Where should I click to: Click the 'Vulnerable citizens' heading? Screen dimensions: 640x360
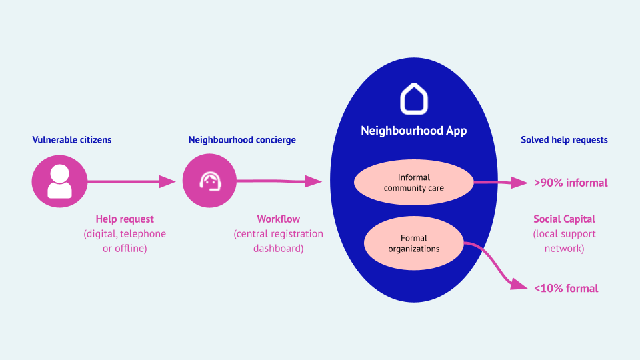click(72, 139)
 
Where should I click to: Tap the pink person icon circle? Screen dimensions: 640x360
click(59, 181)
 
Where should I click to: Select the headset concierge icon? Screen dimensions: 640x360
click(209, 181)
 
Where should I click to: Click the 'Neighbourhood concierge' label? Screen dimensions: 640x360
click(242, 140)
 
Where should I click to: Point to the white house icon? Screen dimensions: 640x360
click(414, 99)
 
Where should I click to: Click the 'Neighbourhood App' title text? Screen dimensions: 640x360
click(414, 131)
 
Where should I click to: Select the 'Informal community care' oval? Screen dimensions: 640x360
click(414, 183)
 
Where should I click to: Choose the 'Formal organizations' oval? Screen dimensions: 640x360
click(414, 243)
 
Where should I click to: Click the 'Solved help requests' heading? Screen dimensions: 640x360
click(564, 140)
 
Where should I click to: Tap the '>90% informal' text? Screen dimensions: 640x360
click(571, 183)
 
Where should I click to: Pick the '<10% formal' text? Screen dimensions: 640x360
click(566, 289)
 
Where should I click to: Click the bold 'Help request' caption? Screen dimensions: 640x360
click(125, 219)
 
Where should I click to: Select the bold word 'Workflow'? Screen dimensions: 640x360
click(279, 219)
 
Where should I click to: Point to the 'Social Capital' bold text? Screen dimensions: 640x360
click(565, 219)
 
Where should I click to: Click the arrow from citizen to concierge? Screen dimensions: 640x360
click(131, 181)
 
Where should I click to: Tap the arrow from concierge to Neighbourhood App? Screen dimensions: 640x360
click(279, 181)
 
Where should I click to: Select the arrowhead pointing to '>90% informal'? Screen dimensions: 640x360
click(519, 183)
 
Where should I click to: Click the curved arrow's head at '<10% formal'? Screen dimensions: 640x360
click(519, 284)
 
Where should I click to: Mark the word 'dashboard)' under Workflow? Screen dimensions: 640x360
click(279, 249)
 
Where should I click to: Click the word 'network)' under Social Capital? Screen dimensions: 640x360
click(565, 249)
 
